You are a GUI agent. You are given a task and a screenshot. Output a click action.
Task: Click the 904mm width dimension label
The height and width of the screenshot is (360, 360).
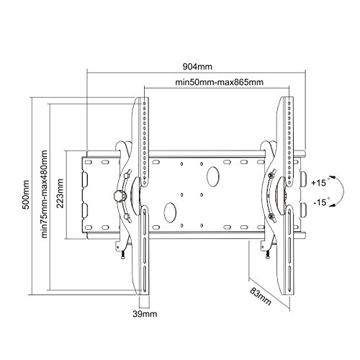coord(197,66)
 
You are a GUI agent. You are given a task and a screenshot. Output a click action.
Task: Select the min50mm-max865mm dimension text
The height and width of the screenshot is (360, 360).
coord(220,82)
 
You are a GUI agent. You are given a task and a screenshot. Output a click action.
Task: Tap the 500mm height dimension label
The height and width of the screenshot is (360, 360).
coord(26,194)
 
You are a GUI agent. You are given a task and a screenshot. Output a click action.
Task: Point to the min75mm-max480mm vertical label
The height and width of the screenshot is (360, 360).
coord(45,194)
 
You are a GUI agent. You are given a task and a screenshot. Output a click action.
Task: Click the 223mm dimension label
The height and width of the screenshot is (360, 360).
coord(60,194)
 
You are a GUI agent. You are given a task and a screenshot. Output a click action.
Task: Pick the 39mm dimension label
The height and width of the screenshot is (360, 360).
coord(145,313)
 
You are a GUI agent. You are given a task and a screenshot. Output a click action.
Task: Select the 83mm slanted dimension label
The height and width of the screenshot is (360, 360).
coord(261,296)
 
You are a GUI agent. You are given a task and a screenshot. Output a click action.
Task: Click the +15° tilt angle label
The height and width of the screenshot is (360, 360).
coord(320,182)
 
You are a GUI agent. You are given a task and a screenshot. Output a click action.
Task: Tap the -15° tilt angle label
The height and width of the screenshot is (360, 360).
coord(321,202)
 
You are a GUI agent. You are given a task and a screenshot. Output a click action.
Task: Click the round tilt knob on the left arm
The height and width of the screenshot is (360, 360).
coord(120,196)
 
